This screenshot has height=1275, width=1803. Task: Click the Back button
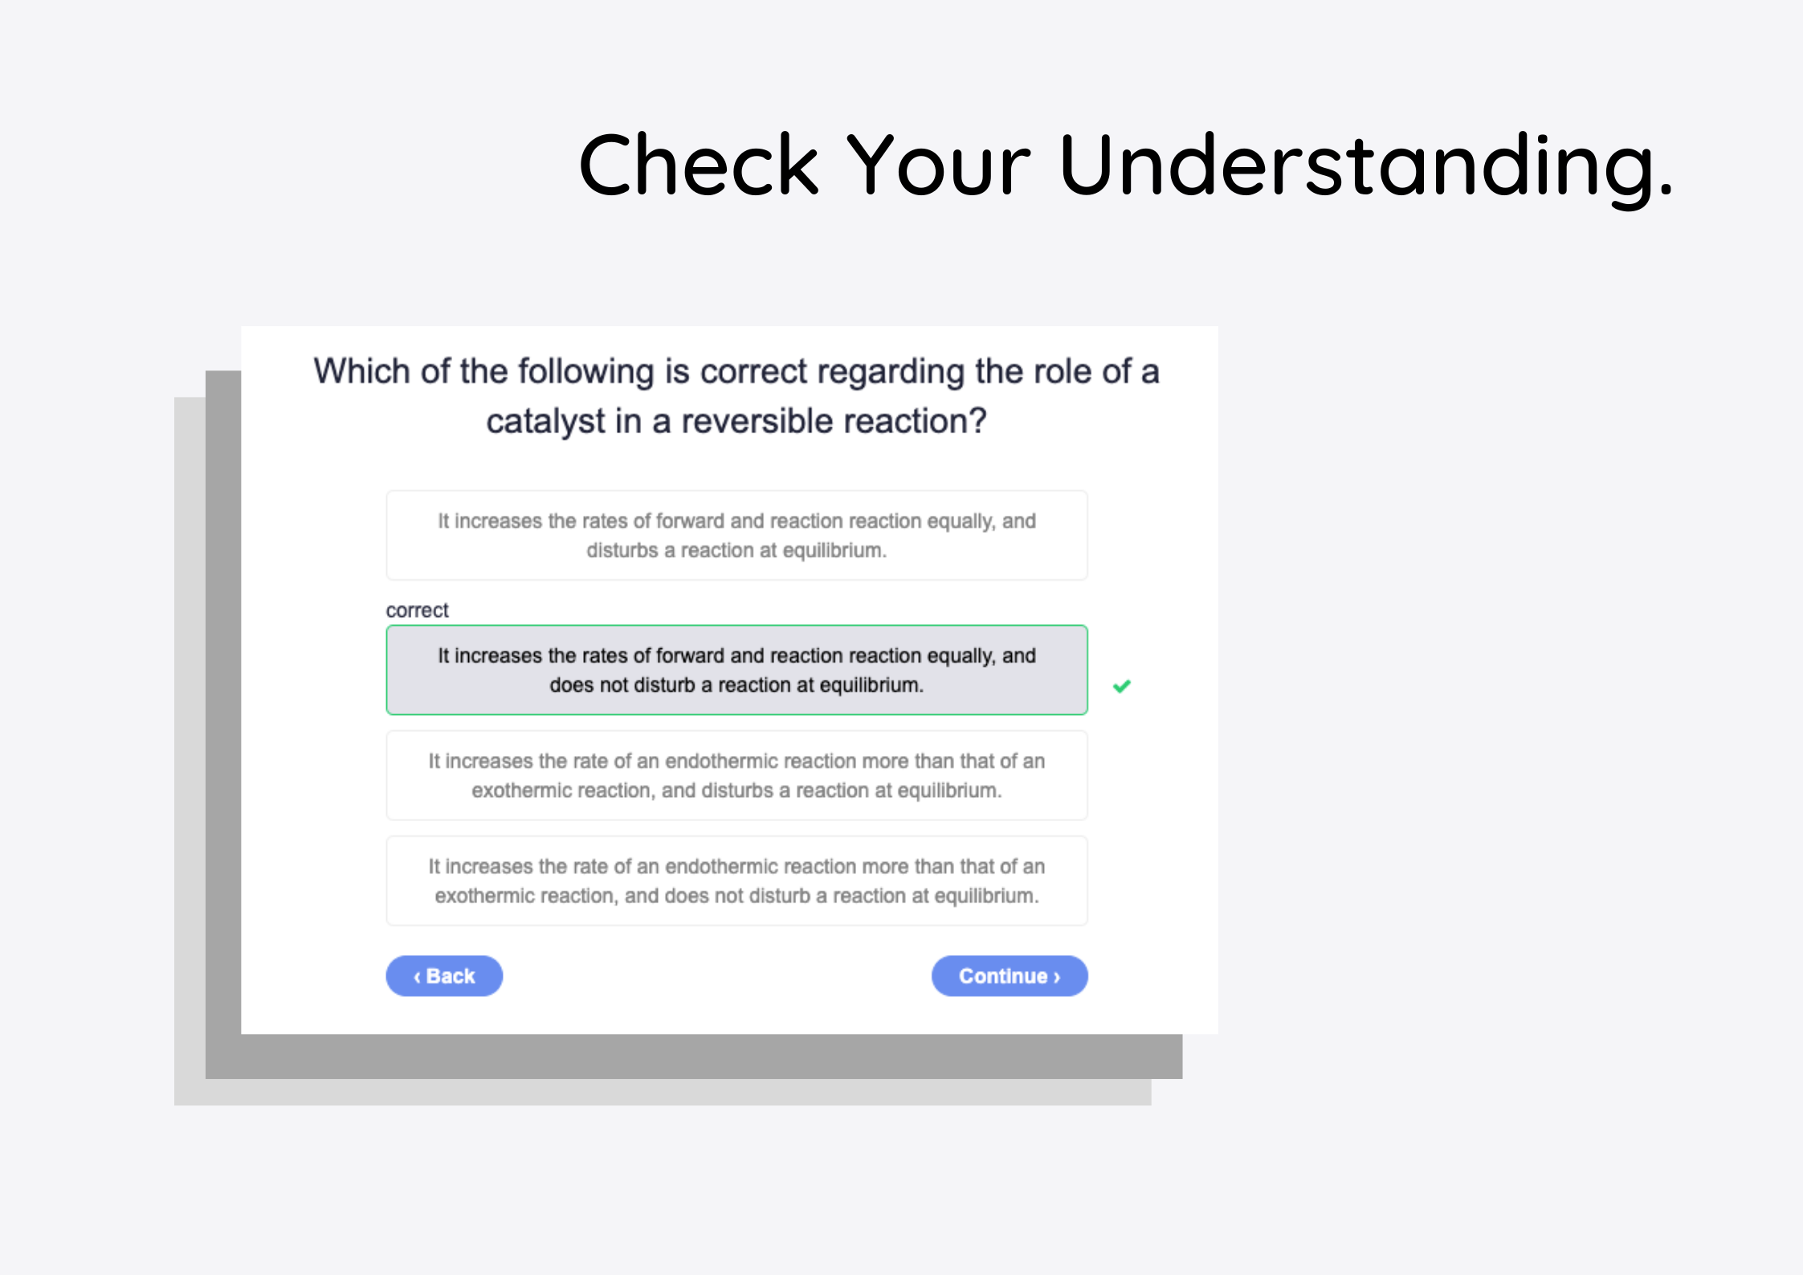click(x=444, y=975)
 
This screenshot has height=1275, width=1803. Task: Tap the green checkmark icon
click(x=1122, y=685)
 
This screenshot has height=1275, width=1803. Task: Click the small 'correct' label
click(x=417, y=611)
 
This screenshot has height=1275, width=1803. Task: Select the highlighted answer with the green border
click(x=736, y=669)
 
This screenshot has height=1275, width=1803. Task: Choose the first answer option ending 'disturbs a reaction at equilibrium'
click(x=736, y=535)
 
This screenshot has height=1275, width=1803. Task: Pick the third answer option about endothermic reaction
click(x=736, y=775)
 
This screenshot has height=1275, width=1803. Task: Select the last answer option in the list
click(x=736, y=881)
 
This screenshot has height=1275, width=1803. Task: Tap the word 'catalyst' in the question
click(x=545, y=422)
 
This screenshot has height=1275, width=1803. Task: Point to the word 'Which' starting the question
click(x=361, y=371)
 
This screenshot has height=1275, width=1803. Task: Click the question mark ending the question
click(x=978, y=420)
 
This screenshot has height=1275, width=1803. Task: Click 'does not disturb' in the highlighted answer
click(x=622, y=685)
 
